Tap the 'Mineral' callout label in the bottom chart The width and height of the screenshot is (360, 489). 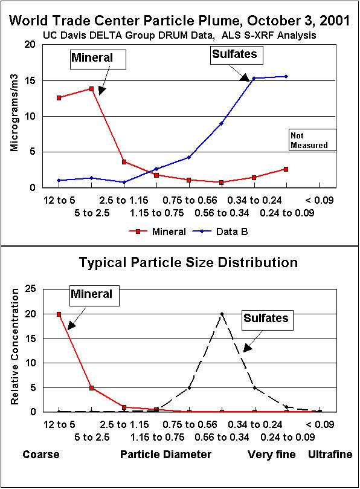92,294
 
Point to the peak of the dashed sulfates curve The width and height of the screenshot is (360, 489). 222,314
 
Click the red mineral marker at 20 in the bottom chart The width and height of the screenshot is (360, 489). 59,314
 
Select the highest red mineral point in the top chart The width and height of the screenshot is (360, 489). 91,89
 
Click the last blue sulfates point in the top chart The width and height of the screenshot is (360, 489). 286,76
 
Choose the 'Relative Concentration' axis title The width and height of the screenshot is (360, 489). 14,351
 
